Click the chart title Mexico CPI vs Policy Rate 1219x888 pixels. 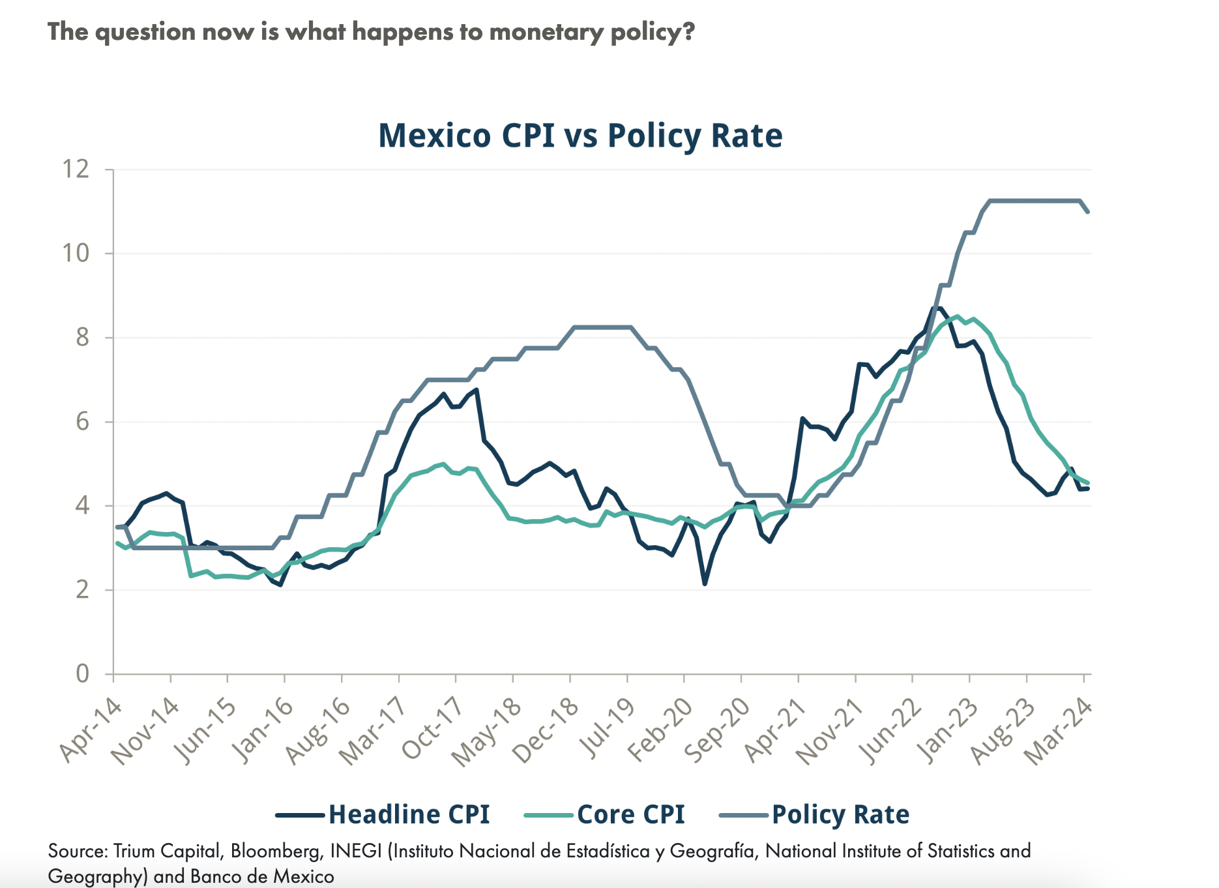pos(580,136)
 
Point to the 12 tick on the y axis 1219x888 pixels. pos(76,170)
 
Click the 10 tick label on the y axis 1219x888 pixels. pos(76,254)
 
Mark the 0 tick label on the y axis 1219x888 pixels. pos(82,673)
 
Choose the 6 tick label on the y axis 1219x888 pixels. pos(82,422)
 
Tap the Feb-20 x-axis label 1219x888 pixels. pos(660,730)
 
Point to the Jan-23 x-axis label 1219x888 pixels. pos(946,730)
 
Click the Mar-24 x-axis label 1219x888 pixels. pos(1059,730)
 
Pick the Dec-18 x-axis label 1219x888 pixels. pos(546,730)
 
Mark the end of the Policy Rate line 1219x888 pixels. pos(1088,211)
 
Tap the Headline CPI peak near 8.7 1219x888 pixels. pos(937,308)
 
